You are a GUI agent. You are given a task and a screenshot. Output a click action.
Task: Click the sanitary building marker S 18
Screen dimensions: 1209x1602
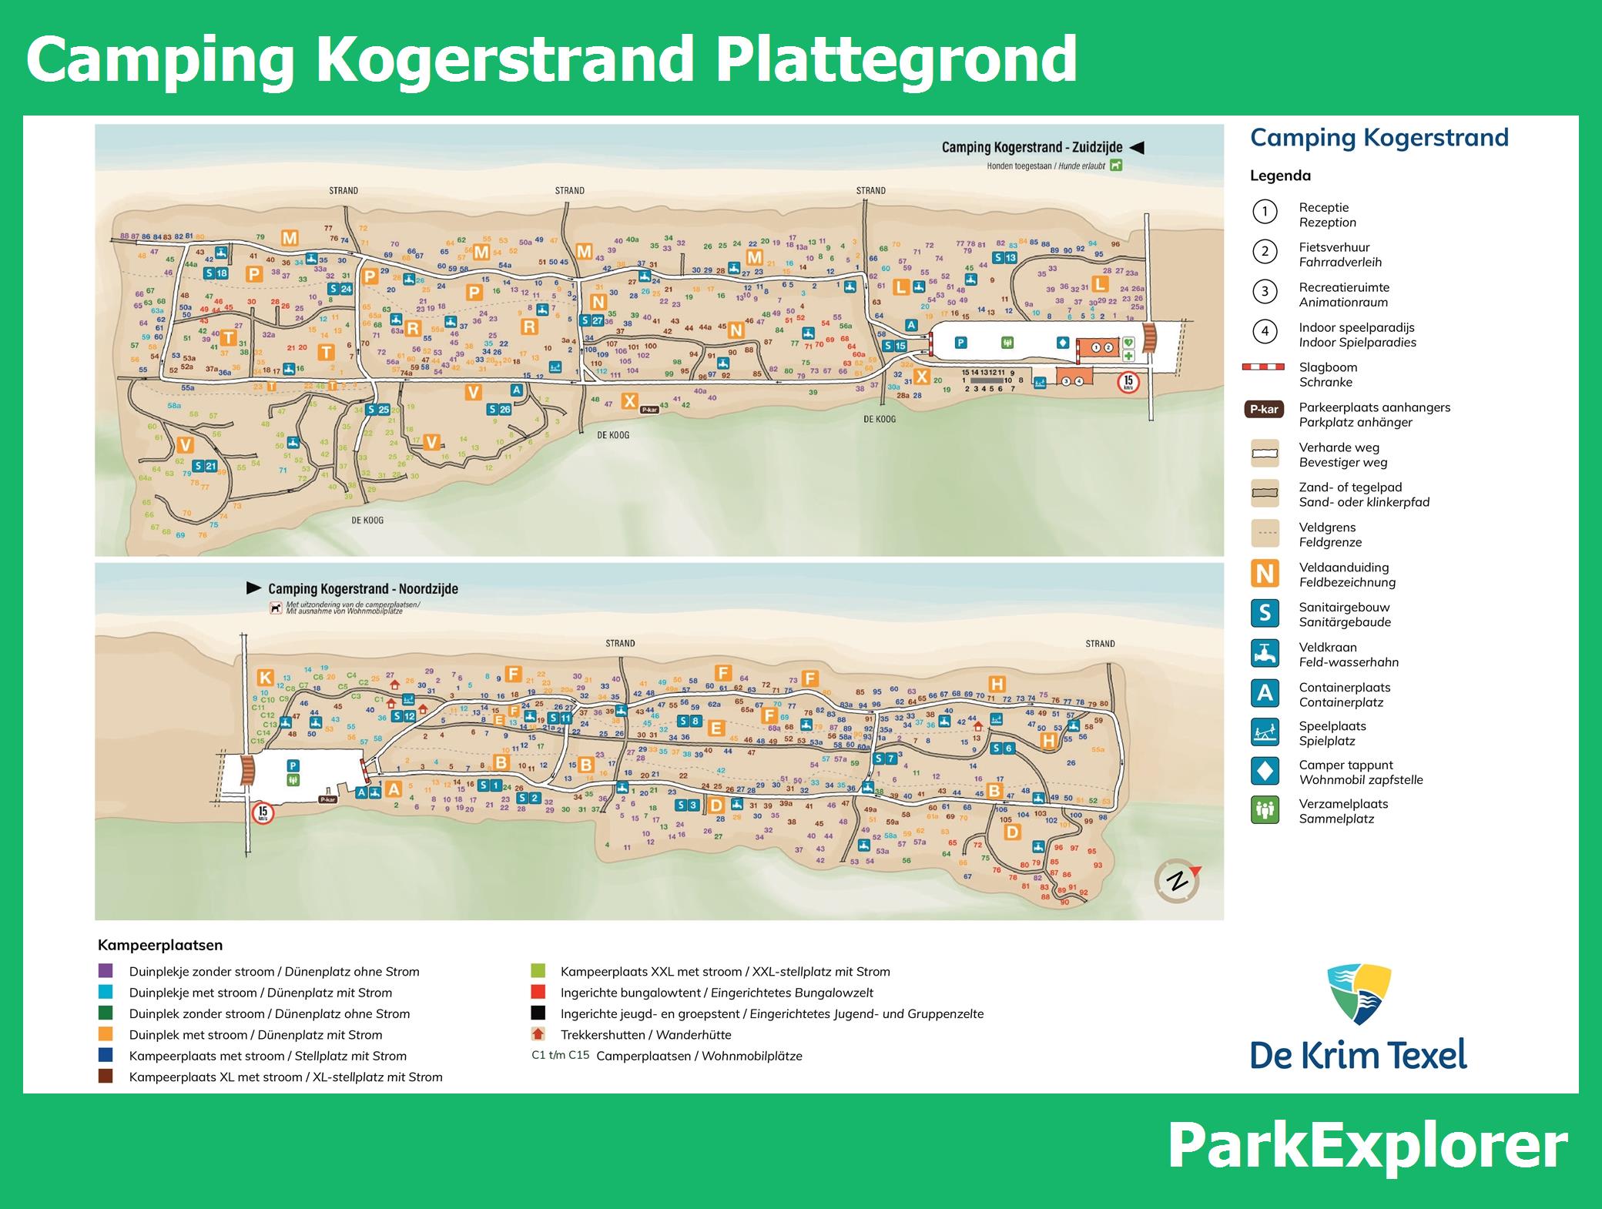tap(216, 273)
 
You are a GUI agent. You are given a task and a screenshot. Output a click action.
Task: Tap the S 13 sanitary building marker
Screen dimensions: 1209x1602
tap(1004, 258)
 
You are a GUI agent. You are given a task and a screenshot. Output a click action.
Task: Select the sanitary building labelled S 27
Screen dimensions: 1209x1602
tap(591, 320)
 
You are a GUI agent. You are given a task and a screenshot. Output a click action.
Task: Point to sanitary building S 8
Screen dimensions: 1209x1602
tap(689, 722)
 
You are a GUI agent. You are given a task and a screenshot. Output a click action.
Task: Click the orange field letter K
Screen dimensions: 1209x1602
tap(265, 678)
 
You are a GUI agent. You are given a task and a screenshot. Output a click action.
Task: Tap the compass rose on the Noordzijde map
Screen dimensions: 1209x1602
tap(1177, 880)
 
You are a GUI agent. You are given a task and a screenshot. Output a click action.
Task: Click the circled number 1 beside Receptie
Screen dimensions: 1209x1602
tap(1265, 211)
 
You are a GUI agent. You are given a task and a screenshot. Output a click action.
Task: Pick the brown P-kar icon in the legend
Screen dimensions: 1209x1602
tap(1264, 410)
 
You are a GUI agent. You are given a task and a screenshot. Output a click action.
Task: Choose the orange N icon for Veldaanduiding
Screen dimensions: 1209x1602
tap(1265, 574)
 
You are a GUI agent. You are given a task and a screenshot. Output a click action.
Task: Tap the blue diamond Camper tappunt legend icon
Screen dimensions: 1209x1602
tap(1265, 771)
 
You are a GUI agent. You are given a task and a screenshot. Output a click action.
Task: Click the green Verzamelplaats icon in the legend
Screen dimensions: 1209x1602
tap(1265, 810)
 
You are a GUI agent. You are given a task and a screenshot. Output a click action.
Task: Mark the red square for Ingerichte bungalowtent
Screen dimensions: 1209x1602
tap(538, 992)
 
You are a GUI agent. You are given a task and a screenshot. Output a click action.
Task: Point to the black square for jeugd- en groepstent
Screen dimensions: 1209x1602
tap(538, 1013)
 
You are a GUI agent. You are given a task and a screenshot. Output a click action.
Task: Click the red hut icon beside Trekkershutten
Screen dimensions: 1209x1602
tap(538, 1034)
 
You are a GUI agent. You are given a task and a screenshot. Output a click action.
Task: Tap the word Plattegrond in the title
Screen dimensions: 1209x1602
tap(896, 59)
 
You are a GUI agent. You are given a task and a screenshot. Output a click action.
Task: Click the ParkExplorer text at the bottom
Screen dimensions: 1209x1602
tap(1367, 1147)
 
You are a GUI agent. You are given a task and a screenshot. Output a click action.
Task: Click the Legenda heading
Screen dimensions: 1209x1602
tap(1280, 176)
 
